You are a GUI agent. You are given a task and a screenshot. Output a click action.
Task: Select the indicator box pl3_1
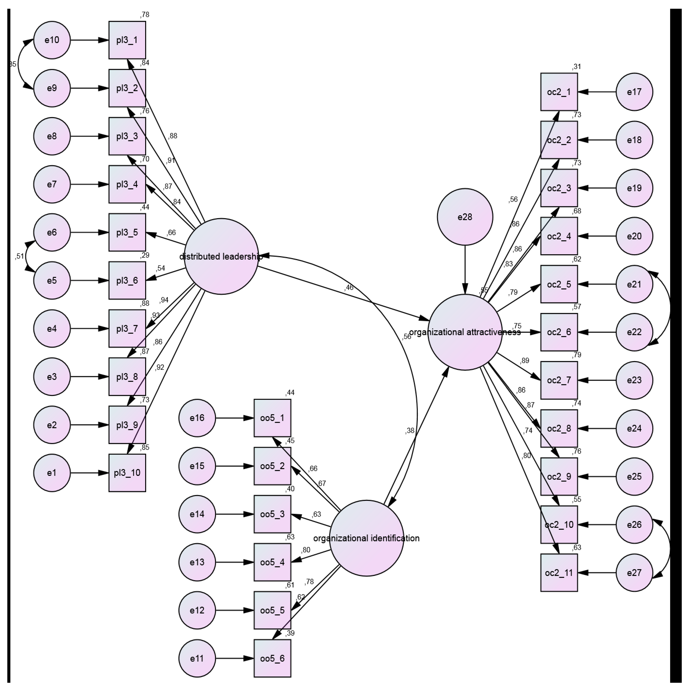point(127,40)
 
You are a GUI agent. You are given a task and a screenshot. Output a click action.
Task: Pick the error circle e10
point(52,40)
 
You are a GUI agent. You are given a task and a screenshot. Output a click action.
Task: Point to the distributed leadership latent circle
point(221,256)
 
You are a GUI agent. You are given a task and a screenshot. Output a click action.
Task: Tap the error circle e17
point(634,92)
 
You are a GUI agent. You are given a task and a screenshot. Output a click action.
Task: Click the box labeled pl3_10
point(127,473)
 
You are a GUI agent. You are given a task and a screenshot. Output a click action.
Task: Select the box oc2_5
point(559,284)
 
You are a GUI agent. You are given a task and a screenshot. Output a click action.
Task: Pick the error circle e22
point(634,332)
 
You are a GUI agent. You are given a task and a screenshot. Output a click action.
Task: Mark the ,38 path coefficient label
point(410,431)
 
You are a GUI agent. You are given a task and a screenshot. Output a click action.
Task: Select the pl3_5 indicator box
point(127,233)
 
